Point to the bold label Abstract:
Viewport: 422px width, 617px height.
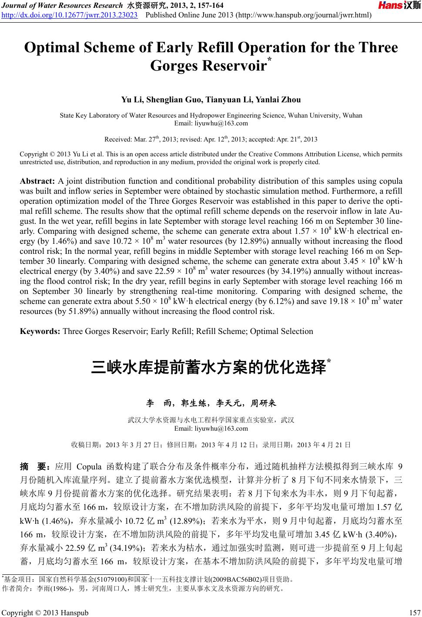pyautogui.click(x=38, y=181)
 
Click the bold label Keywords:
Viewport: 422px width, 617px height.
pyautogui.click(x=40, y=331)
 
